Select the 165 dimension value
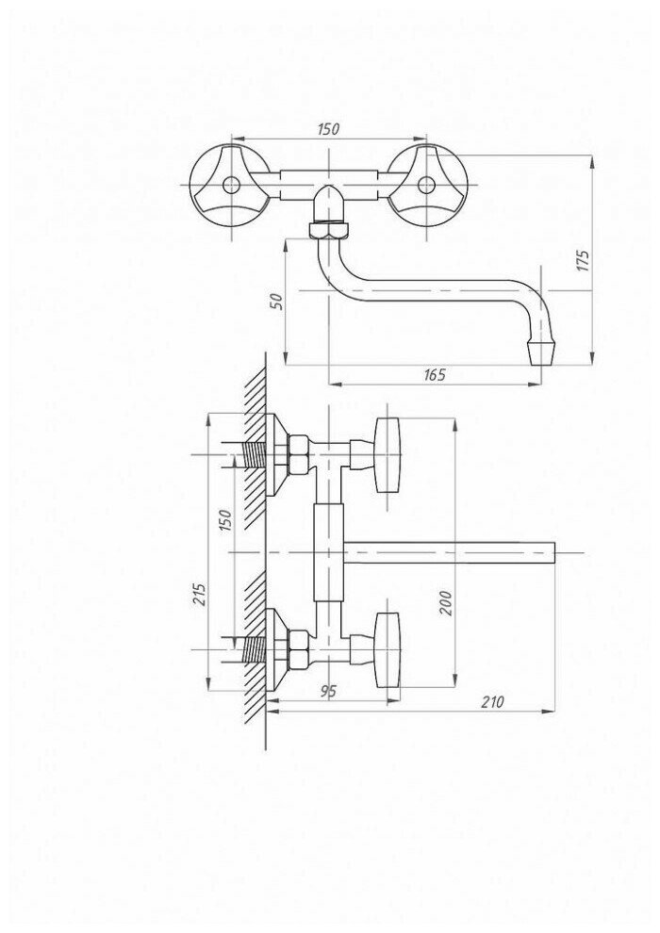[434, 374]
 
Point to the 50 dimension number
[276, 301]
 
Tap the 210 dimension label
[492, 701]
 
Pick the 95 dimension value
[327, 691]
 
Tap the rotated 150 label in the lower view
[224, 520]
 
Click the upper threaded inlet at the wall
[251, 457]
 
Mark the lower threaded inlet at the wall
[251, 648]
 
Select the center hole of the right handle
[425, 184]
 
